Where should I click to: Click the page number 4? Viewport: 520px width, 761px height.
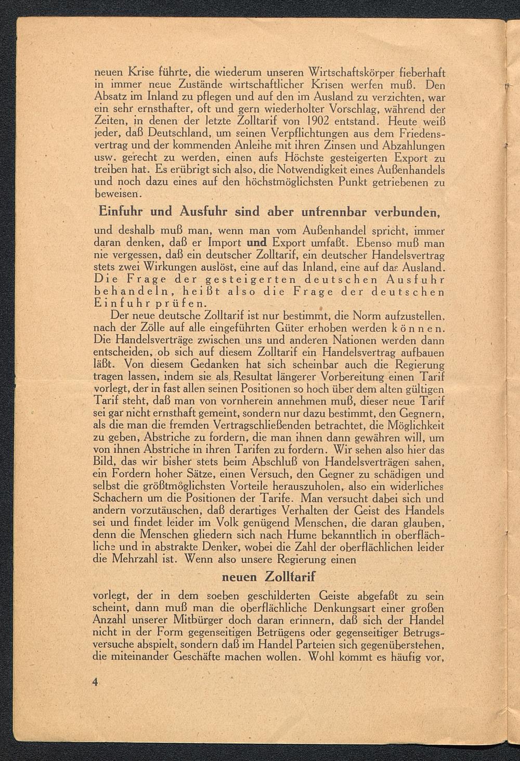coord(95,683)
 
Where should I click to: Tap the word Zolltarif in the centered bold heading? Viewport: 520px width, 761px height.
coord(291,577)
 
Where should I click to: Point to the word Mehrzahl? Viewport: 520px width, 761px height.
coord(137,560)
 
